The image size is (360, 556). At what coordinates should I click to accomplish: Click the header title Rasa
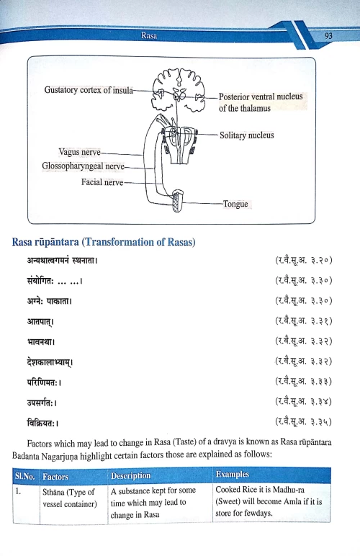150,34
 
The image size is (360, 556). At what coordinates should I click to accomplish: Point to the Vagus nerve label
80,153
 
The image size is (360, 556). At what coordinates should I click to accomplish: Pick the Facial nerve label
102,181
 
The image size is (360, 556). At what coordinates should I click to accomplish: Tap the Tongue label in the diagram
235,204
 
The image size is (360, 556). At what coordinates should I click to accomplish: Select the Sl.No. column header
27,476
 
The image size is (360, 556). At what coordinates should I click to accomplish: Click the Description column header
130,476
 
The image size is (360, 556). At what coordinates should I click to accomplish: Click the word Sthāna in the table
57,491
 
